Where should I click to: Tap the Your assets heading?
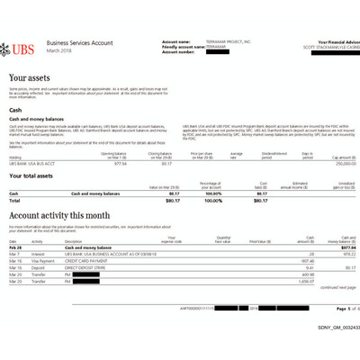[x=30, y=79]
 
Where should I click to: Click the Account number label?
[x=178, y=52]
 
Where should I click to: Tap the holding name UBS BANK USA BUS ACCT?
[x=33, y=164]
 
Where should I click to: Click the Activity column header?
[x=38, y=242]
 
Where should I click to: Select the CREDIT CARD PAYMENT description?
[x=86, y=262]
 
